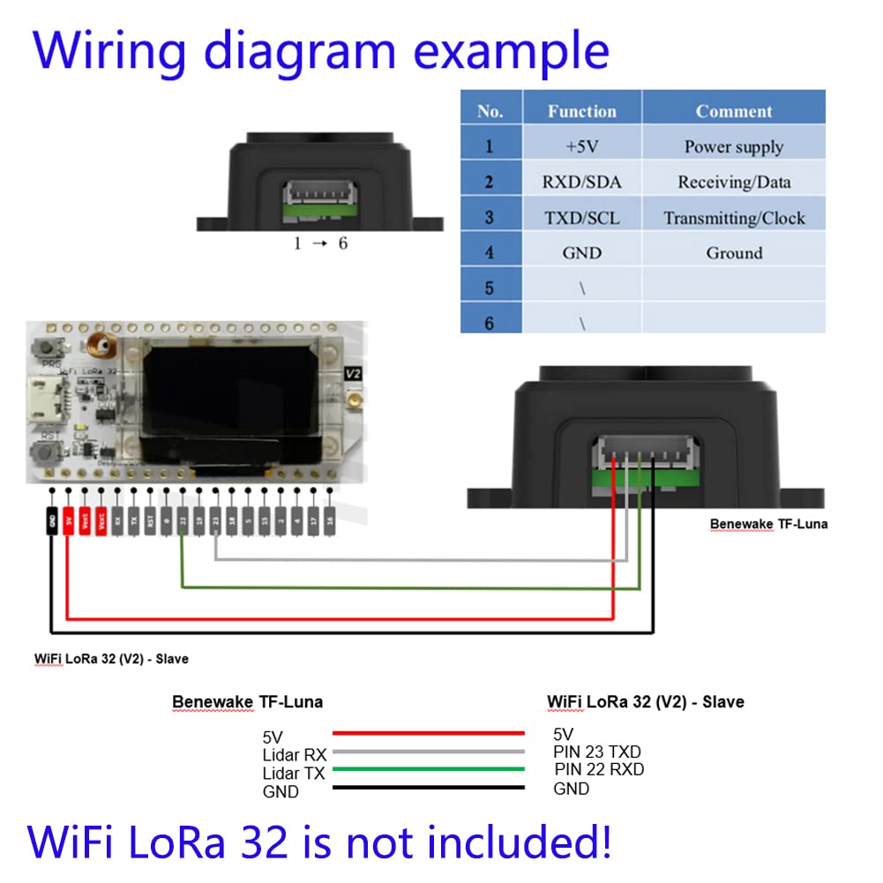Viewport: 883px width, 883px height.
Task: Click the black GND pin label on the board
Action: pos(53,520)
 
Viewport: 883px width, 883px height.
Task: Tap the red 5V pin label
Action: pos(69,520)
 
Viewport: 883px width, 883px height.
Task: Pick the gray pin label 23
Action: pos(215,520)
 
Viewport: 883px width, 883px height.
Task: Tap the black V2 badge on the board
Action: pos(354,374)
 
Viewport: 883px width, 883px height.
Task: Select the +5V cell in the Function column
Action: pos(581,146)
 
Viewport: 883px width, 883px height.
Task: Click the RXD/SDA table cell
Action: pos(581,183)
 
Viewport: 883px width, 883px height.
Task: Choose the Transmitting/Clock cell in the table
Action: pos(734,218)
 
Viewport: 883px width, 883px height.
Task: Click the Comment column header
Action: pos(734,111)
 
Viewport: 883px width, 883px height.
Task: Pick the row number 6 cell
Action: pos(490,323)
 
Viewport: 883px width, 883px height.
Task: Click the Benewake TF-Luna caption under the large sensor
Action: pos(768,524)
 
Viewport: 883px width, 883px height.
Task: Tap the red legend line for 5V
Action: pos(428,733)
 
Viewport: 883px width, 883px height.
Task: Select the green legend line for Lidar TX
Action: pos(428,770)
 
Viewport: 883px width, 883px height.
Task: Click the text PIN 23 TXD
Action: pos(597,752)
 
